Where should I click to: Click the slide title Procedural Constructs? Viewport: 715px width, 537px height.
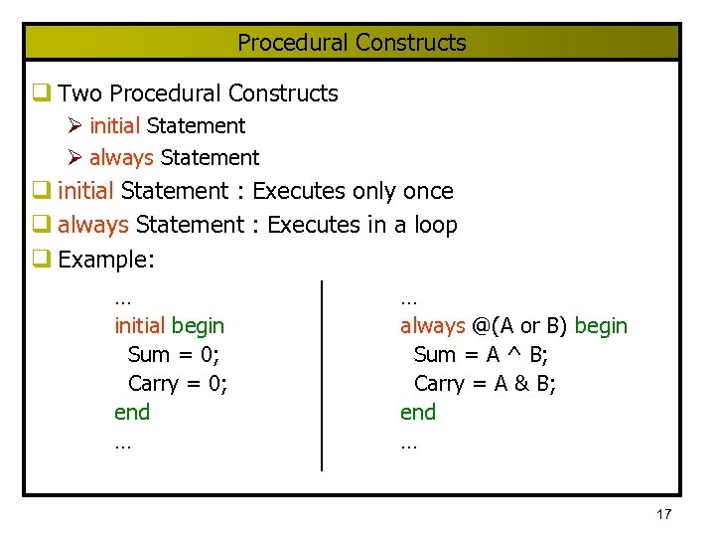[352, 43]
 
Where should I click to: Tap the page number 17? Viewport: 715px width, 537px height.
[664, 514]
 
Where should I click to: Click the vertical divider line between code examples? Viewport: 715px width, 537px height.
[321, 375]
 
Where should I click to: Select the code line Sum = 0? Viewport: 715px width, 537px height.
[174, 355]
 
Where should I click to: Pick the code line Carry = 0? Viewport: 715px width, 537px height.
[178, 384]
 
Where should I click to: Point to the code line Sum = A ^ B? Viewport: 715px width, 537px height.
[481, 355]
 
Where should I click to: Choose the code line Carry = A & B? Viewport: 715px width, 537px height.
[485, 384]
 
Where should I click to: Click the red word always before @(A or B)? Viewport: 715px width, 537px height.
[433, 326]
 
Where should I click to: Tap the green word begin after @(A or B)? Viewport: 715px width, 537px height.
[601, 326]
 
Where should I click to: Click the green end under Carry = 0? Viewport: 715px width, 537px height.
[132, 413]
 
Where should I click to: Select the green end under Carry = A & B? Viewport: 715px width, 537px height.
[418, 413]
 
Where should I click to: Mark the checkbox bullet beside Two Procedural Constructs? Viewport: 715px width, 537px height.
[41, 93]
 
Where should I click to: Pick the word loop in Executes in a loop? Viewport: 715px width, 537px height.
[436, 226]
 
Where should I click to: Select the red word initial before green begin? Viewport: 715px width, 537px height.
[140, 326]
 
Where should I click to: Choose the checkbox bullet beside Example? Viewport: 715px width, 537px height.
[41, 261]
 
